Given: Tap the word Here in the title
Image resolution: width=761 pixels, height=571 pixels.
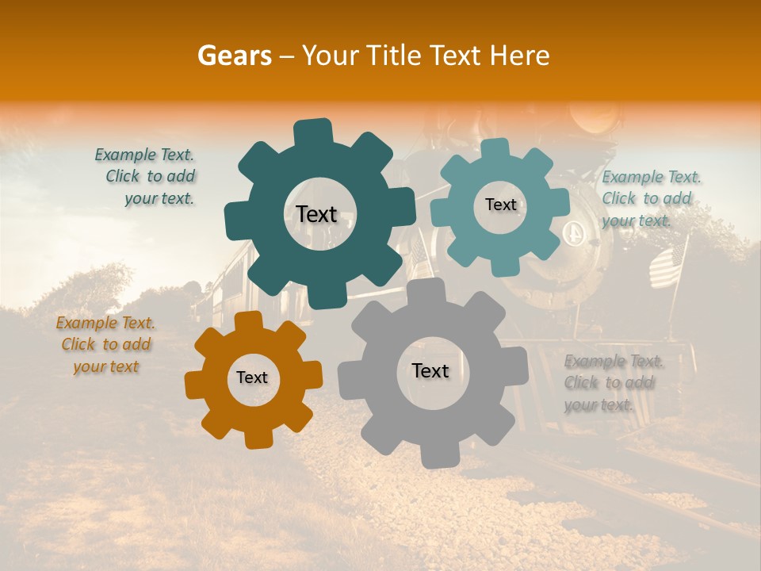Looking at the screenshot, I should coord(520,56).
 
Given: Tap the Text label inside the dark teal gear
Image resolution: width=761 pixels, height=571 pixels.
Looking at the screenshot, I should coord(316,214).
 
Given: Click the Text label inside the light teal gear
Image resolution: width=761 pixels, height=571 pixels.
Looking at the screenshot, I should coord(500,205).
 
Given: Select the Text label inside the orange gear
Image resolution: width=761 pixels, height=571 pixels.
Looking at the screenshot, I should coord(252,378).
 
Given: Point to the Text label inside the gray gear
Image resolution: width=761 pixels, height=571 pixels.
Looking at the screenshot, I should coord(430,370).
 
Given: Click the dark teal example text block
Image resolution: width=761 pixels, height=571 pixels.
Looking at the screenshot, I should coord(147,177).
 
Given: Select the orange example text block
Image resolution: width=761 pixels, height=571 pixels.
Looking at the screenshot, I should coord(106,345).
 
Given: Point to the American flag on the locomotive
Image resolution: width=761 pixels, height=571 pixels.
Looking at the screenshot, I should coord(667,266).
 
